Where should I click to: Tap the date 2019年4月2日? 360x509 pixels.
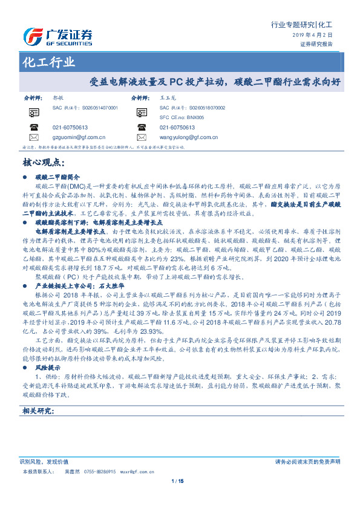coord(317,36)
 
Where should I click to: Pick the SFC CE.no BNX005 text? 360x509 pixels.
coord(182,117)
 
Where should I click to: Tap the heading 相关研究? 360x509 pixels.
coord(39,411)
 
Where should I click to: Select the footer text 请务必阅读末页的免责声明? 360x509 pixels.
coord(307,461)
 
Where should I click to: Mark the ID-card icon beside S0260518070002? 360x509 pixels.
coord(142,112)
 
